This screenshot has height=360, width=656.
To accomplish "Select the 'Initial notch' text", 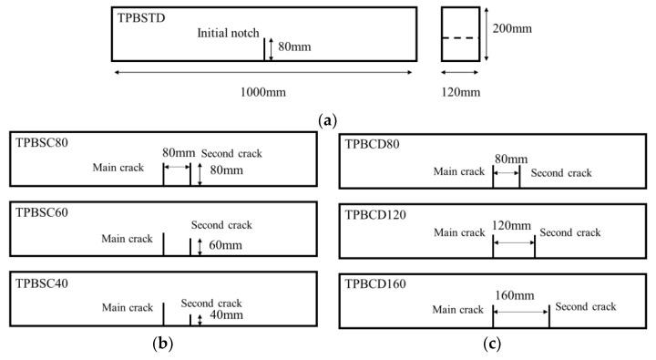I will (x=228, y=34).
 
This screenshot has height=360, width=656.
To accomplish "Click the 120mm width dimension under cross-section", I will (x=459, y=91).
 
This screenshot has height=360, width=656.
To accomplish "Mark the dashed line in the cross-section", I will (x=460, y=38).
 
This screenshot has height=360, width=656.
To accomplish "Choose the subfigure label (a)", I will (x=328, y=118).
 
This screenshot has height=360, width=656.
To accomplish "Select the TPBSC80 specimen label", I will (x=42, y=143).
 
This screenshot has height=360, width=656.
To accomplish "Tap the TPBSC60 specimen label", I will (x=42, y=212).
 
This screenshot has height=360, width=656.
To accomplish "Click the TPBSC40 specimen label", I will (x=42, y=282).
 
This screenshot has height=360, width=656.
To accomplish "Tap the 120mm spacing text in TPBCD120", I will (x=511, y=225).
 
